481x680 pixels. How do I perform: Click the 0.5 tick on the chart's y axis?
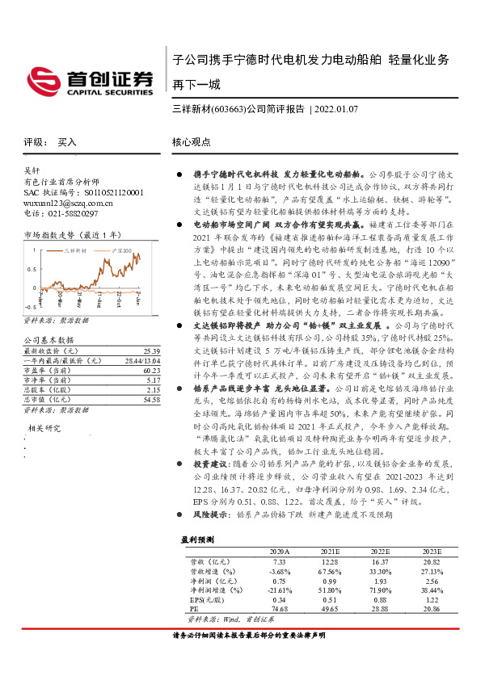(x=31, y=269)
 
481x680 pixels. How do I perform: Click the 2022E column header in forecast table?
(x=380, y=551)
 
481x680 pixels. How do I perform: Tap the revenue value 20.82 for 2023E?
(x=430, y=560)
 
